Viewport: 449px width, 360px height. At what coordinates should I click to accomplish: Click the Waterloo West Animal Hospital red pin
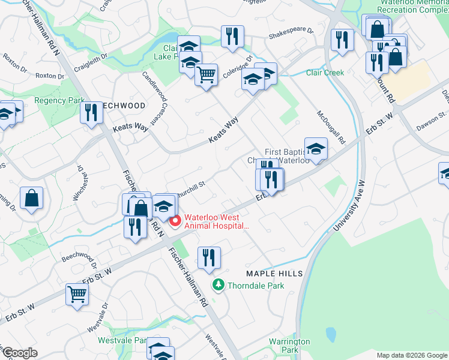tap(175, 221)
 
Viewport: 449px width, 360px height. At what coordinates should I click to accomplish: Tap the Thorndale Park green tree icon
tap(219, 286)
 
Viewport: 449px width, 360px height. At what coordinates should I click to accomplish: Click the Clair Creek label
tap(325, 73)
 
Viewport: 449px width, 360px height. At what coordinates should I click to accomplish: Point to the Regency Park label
tap(59, 100)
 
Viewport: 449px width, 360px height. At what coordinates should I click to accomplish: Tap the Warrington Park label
tap(289, 346)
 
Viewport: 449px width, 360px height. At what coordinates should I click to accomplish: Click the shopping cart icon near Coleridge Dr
tap(206, 75)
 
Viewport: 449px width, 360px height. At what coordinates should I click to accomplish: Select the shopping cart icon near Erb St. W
tap(77, 294)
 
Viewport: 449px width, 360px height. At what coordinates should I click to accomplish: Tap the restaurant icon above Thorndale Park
tap(209, 257)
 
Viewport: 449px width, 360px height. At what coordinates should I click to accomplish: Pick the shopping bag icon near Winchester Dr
tap(31, 197)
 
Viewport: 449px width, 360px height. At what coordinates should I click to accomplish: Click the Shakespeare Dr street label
tap(291, 30)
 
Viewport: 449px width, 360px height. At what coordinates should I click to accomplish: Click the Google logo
tap(20, 353)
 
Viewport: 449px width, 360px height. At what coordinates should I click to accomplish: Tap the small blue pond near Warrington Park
tap(330, 334)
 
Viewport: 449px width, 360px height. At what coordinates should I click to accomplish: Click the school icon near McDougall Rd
tap(315, 148)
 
